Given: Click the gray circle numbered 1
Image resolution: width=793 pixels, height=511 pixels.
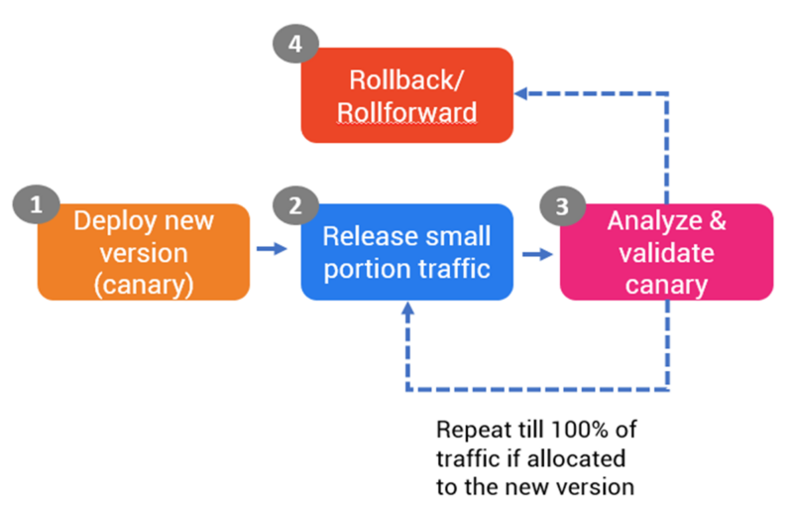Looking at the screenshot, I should click(37, 205).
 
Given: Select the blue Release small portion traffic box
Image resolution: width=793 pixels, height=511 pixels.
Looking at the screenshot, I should click(407, 252).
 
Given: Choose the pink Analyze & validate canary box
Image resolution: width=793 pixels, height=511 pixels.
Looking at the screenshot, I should click(666, 252).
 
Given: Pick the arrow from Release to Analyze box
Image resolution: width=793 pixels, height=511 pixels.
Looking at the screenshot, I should click(536, 254).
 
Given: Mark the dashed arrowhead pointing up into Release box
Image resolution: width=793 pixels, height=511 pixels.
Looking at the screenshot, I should click(407, 310).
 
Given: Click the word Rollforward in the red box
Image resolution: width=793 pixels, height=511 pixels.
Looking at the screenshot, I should click(407, 111).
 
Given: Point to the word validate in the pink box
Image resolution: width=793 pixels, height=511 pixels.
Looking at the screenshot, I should click(666, 252).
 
